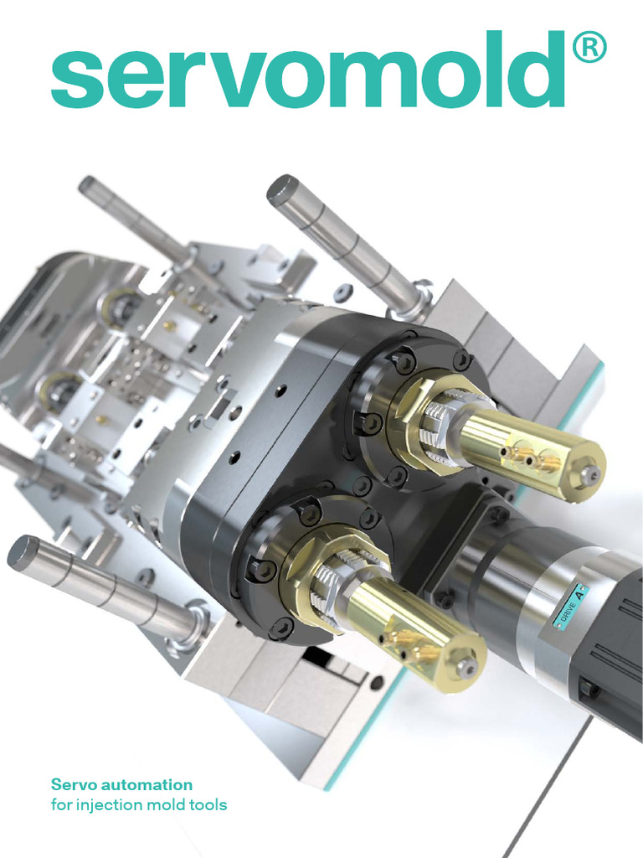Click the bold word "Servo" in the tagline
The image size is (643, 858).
pos(74,785)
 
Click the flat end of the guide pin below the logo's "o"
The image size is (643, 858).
pos(282,189)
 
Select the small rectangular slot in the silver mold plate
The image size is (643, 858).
pos(220,410)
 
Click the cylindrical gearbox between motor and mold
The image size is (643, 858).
pos(494,570)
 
